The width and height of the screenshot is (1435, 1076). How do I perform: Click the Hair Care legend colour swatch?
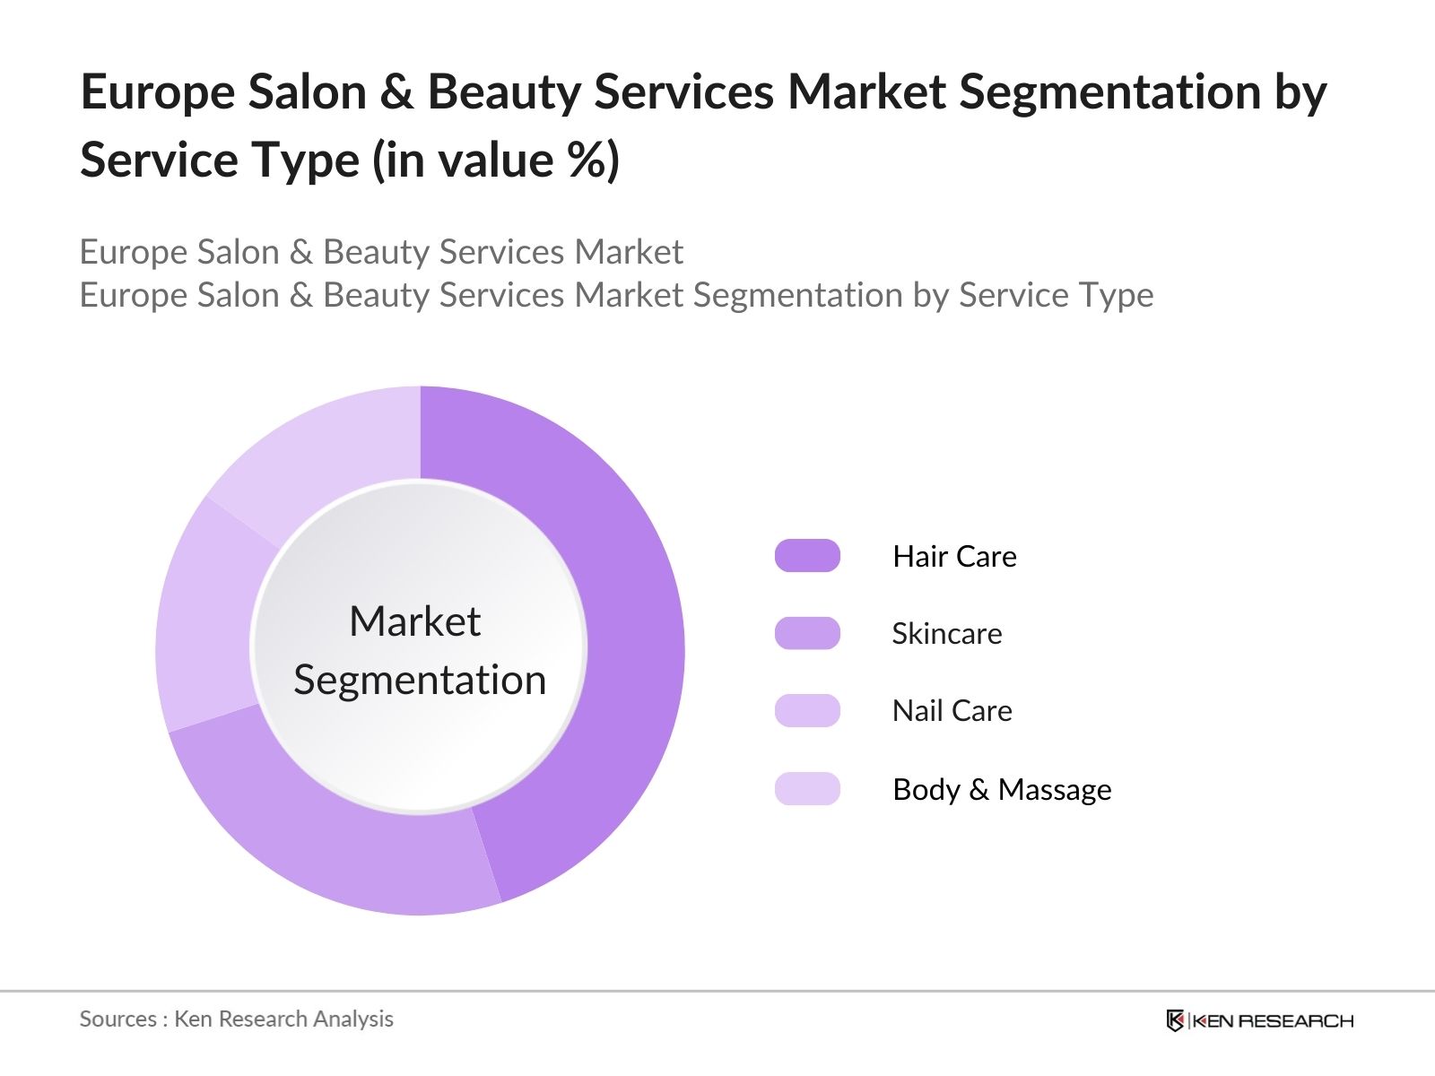tap(807, 556)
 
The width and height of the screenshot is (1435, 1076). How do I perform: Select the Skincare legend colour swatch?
tap(807, 633)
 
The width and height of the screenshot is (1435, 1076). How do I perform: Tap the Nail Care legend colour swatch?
tap(807, 710)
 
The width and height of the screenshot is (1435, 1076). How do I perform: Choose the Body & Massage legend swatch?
tap(807, 789)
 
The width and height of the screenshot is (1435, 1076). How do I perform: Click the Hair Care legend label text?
tap(954, 556)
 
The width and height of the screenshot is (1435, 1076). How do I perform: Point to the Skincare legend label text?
tap(946, 633)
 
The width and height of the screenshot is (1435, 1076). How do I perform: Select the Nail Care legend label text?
tap(952, 710)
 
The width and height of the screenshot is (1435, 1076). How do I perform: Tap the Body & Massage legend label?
tap(1002, 789)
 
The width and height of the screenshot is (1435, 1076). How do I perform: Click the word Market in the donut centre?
tap(414, 620)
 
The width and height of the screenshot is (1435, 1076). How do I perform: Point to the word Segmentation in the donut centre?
tap(420, 680)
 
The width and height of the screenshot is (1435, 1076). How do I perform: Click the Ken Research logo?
tap(1259, 1020)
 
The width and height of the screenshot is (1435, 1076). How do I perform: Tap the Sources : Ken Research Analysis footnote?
tap(236, 1019)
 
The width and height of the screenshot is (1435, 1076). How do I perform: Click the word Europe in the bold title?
tap(157, 92)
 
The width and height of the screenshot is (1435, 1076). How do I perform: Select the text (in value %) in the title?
tap(496, 161)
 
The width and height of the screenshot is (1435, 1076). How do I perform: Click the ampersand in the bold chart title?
tap(396, 92)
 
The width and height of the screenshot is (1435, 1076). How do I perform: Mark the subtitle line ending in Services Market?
tap(381, 252)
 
